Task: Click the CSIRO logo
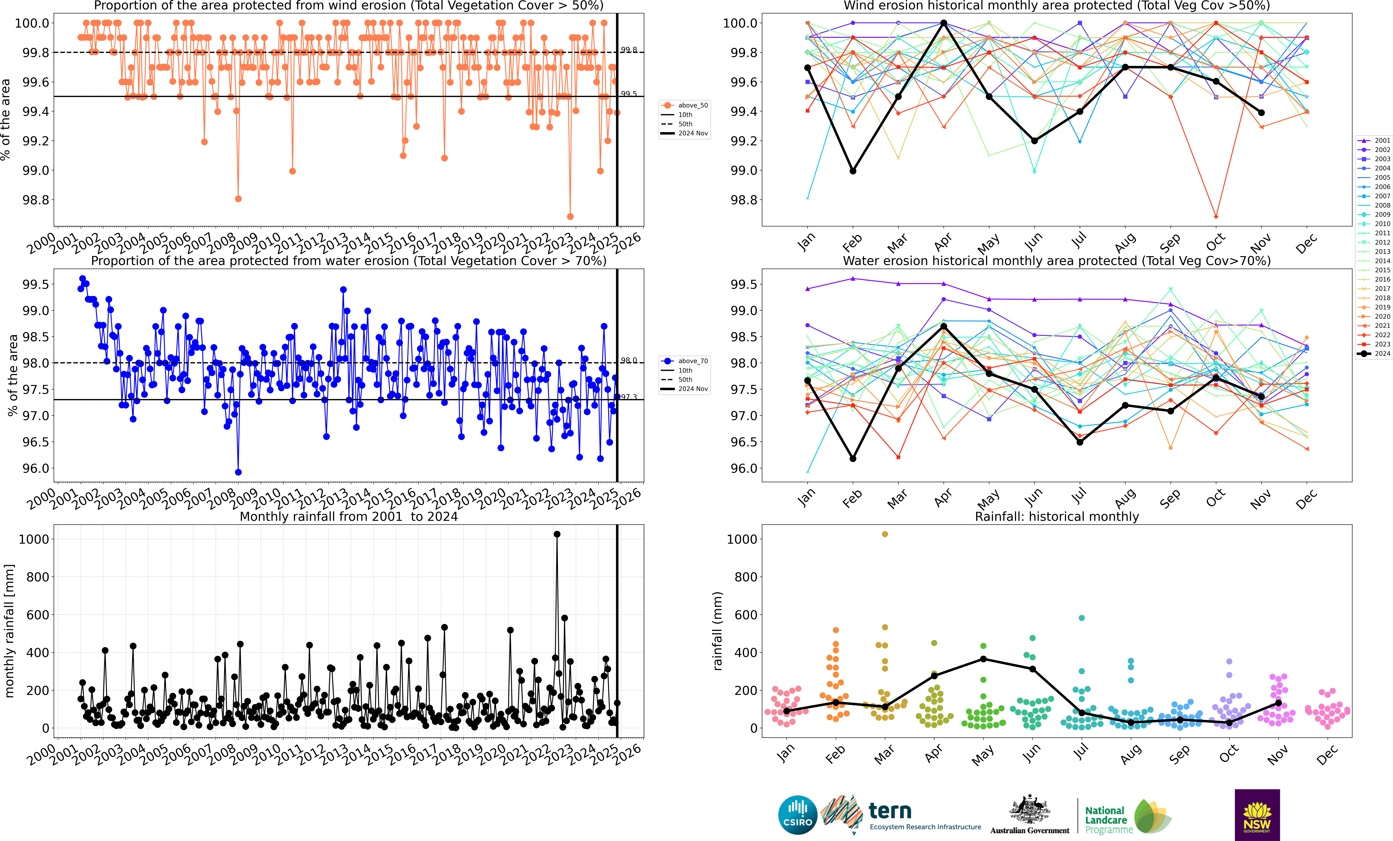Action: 798,815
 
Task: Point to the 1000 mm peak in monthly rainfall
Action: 557,534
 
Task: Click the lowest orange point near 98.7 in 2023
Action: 570,217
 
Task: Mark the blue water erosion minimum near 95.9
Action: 238,472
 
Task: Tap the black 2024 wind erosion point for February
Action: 853,171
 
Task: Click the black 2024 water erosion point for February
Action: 853,459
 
